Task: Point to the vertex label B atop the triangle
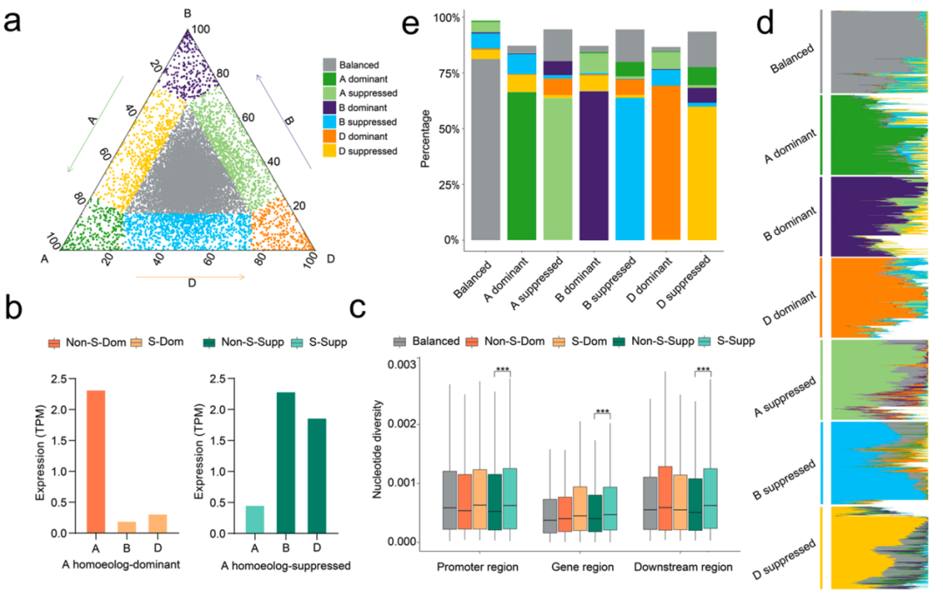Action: click(187, 13)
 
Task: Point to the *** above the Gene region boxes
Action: click(601, 411)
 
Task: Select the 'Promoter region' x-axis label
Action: click(478, 567)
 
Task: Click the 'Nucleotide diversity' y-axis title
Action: click(378, 450)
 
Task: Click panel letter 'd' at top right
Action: click(766, 22)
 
